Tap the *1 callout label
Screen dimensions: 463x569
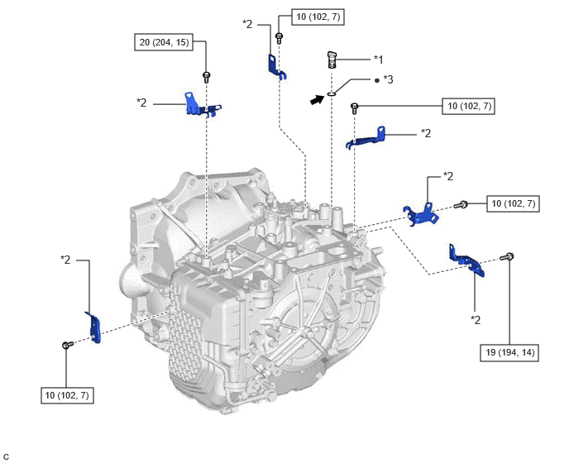tap(378, 59)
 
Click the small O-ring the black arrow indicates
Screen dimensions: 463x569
tap(331, 93)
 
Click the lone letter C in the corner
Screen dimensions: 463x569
tap(6, 456)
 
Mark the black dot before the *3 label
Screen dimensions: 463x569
tap(377, 80)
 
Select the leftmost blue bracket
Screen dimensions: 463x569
tap(93, 326)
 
